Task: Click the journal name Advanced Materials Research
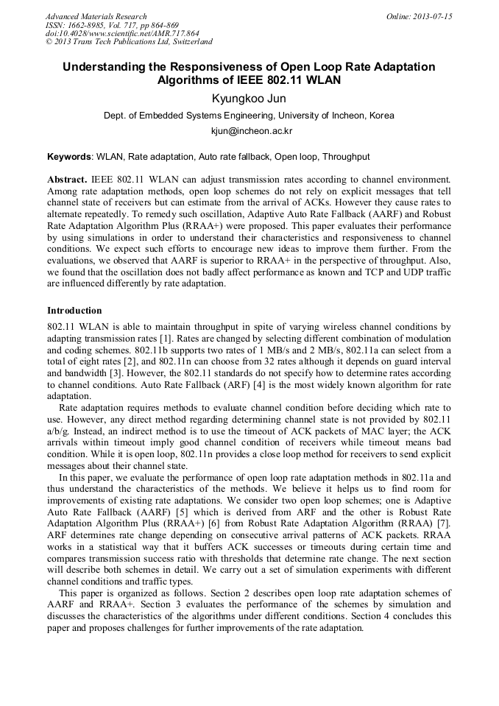coord(96,16)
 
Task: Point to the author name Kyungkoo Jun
coord(249,99)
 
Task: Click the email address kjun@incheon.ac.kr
coord(249,130)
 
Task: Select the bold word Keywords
coord(69,157)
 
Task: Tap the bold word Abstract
coord(67,179)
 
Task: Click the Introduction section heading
coord(74,311)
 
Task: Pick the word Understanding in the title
coord(103,67)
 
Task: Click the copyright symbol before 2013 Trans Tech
coord(49,42)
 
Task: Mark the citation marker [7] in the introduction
coord(444,543)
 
